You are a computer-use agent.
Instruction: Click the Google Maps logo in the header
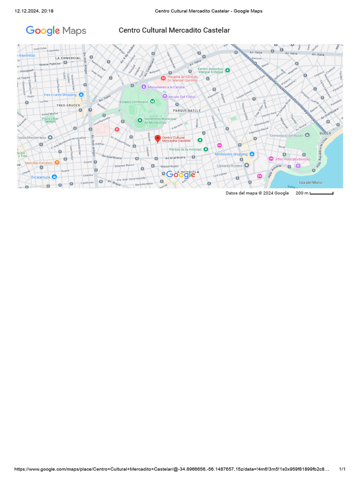point(56,31)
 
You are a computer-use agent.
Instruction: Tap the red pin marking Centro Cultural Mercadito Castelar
point(158,139)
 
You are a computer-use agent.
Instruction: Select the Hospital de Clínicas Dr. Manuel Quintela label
point(182,78)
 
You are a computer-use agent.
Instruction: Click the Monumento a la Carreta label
point(166,87)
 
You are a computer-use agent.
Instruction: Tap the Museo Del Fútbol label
point(182,97)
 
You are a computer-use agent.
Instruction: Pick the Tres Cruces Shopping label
point(60,95)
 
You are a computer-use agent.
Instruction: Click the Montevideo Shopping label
point(231,154)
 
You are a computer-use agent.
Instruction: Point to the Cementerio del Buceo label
point(286,135)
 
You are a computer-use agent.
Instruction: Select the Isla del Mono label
point(310,182)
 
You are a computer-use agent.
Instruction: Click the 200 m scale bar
point(321,193)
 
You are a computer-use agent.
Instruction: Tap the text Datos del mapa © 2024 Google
point(257,193)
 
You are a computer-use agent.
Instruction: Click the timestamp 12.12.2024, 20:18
point(34,11)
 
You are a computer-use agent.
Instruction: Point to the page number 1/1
point(342,469)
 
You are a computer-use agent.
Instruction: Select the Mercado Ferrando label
point(39,163)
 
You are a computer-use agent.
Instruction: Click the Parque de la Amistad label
point(186,150)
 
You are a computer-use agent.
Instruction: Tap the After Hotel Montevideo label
point(292,159)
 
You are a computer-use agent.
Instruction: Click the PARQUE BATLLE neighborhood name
point(187,110)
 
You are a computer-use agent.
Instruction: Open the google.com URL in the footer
point(172,469)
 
